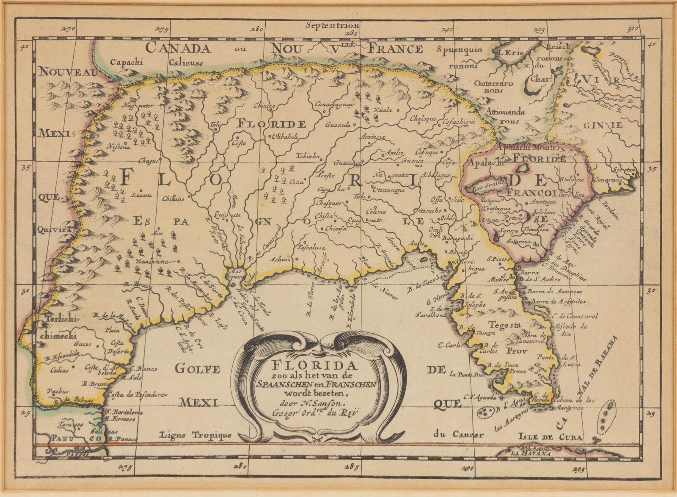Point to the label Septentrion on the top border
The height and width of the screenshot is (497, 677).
[332, 25]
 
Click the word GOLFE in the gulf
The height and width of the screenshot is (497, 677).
[198, 369]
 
